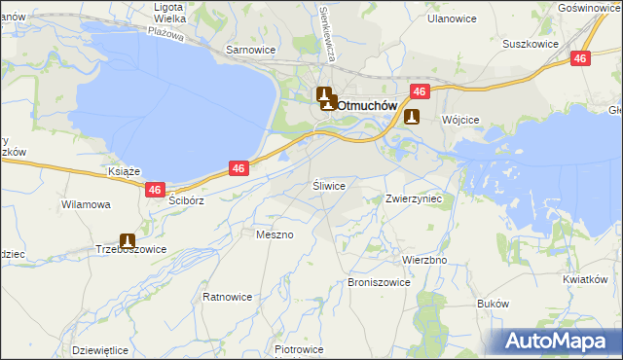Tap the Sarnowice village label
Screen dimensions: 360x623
(x=251, y=49)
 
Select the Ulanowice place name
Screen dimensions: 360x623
(x=430, y=18)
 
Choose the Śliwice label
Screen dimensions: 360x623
(x=329, y=184)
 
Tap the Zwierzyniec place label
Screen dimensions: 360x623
(x=415, y=198)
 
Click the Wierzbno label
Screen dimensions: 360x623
(x=424, y=261)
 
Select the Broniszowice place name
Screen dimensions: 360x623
(x=379, y=282)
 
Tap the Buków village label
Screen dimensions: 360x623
(x=494, y=304)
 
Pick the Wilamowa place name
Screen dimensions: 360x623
(x=86, y=205)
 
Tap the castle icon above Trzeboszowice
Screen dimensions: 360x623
(x=128, y=240)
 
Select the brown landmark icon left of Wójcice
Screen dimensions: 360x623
(x=412, y=118)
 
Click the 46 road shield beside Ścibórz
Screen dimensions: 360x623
(x=155, y=191)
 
